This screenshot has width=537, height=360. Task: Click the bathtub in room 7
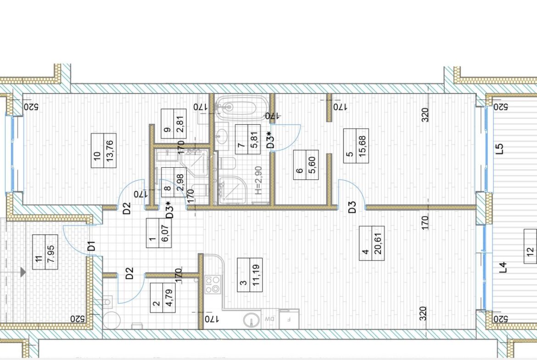point(237,107)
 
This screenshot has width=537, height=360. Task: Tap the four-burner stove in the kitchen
point(213,285)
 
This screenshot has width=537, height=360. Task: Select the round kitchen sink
point(252,320)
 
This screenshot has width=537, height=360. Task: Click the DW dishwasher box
point(269,319)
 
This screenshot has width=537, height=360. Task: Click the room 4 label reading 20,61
point(378,244)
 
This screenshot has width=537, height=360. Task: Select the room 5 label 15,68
point(362,146)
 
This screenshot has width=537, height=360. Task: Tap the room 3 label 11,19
point(256,275)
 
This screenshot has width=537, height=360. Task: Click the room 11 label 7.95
point(51,252)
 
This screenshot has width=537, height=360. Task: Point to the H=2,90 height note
point(258,180)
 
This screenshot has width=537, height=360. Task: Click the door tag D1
point(91,246)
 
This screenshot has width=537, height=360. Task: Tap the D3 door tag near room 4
point(352,207)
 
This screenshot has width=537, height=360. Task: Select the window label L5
point(500,149)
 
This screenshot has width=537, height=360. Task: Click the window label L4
point(503,267)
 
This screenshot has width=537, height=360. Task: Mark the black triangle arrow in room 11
point(23,272)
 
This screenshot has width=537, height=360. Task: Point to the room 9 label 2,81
point(180,123)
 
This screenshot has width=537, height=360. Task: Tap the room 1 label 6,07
point(165,233)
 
